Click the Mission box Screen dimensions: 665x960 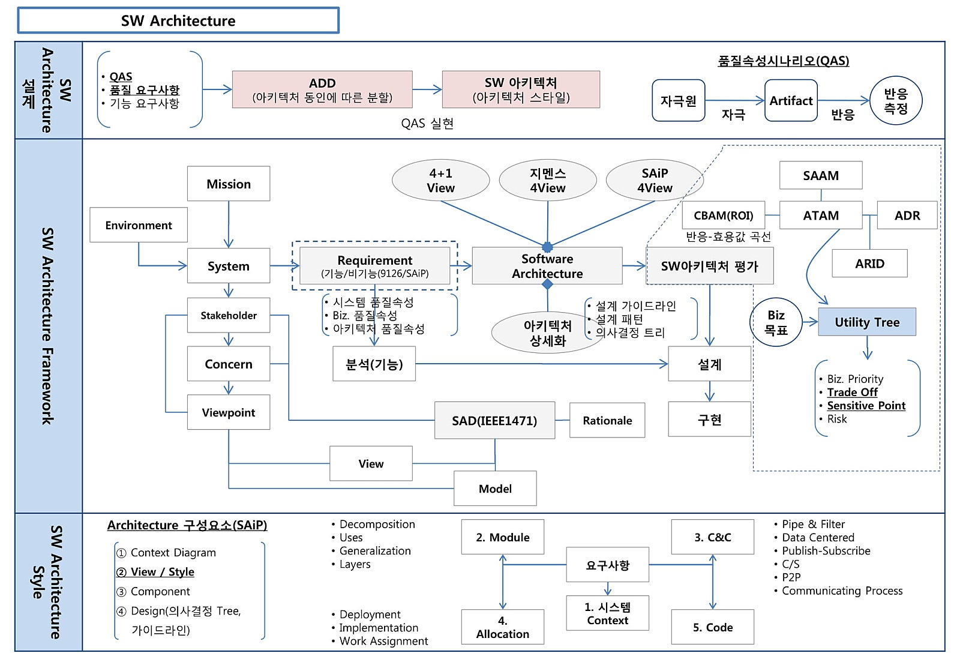pyautogui.click(x=229, y=184)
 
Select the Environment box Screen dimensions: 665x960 pyautogui.click(x=139, y=225)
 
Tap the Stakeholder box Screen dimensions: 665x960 pyautogui.click(x=229, y=315)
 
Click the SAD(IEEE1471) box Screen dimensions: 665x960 pyautogui.click(x=494, y=421)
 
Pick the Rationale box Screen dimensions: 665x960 pyautogui.click(x=607, y=420)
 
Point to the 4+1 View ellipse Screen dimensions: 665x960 pyautogui.click(x=440, y=180)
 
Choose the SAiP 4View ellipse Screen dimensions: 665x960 pyautogui.click(x=655, y=180)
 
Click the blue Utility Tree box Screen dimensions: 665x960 pyautogui.click(x=867, y=322)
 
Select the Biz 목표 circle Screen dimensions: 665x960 pyautogui.click(x=776, y=322)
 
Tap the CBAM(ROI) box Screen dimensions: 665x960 pyautogui.click(x=723, y=215)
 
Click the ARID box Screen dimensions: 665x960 pyautogui.click(x=869, y=263)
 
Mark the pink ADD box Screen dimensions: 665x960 pyautogui.click(x=322, y=89)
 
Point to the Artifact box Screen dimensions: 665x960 pyautogui.click(x=791, y=101)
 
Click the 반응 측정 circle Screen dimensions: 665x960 pyautogui.click(x=895, y=101)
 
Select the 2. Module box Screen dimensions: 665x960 pyautogui.click(x=503, y=537)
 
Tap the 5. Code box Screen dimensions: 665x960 pyautogui.click(x=712, y=627)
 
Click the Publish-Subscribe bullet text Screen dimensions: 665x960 pyautogui.click(x=826, y=551)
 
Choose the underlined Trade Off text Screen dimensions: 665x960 pyautogui.click(x=852, y=393)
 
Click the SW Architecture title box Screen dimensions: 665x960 pyautogui.click(x=178, y=21)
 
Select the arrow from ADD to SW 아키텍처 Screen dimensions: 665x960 pyautogui.click(x=427, y=89)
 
